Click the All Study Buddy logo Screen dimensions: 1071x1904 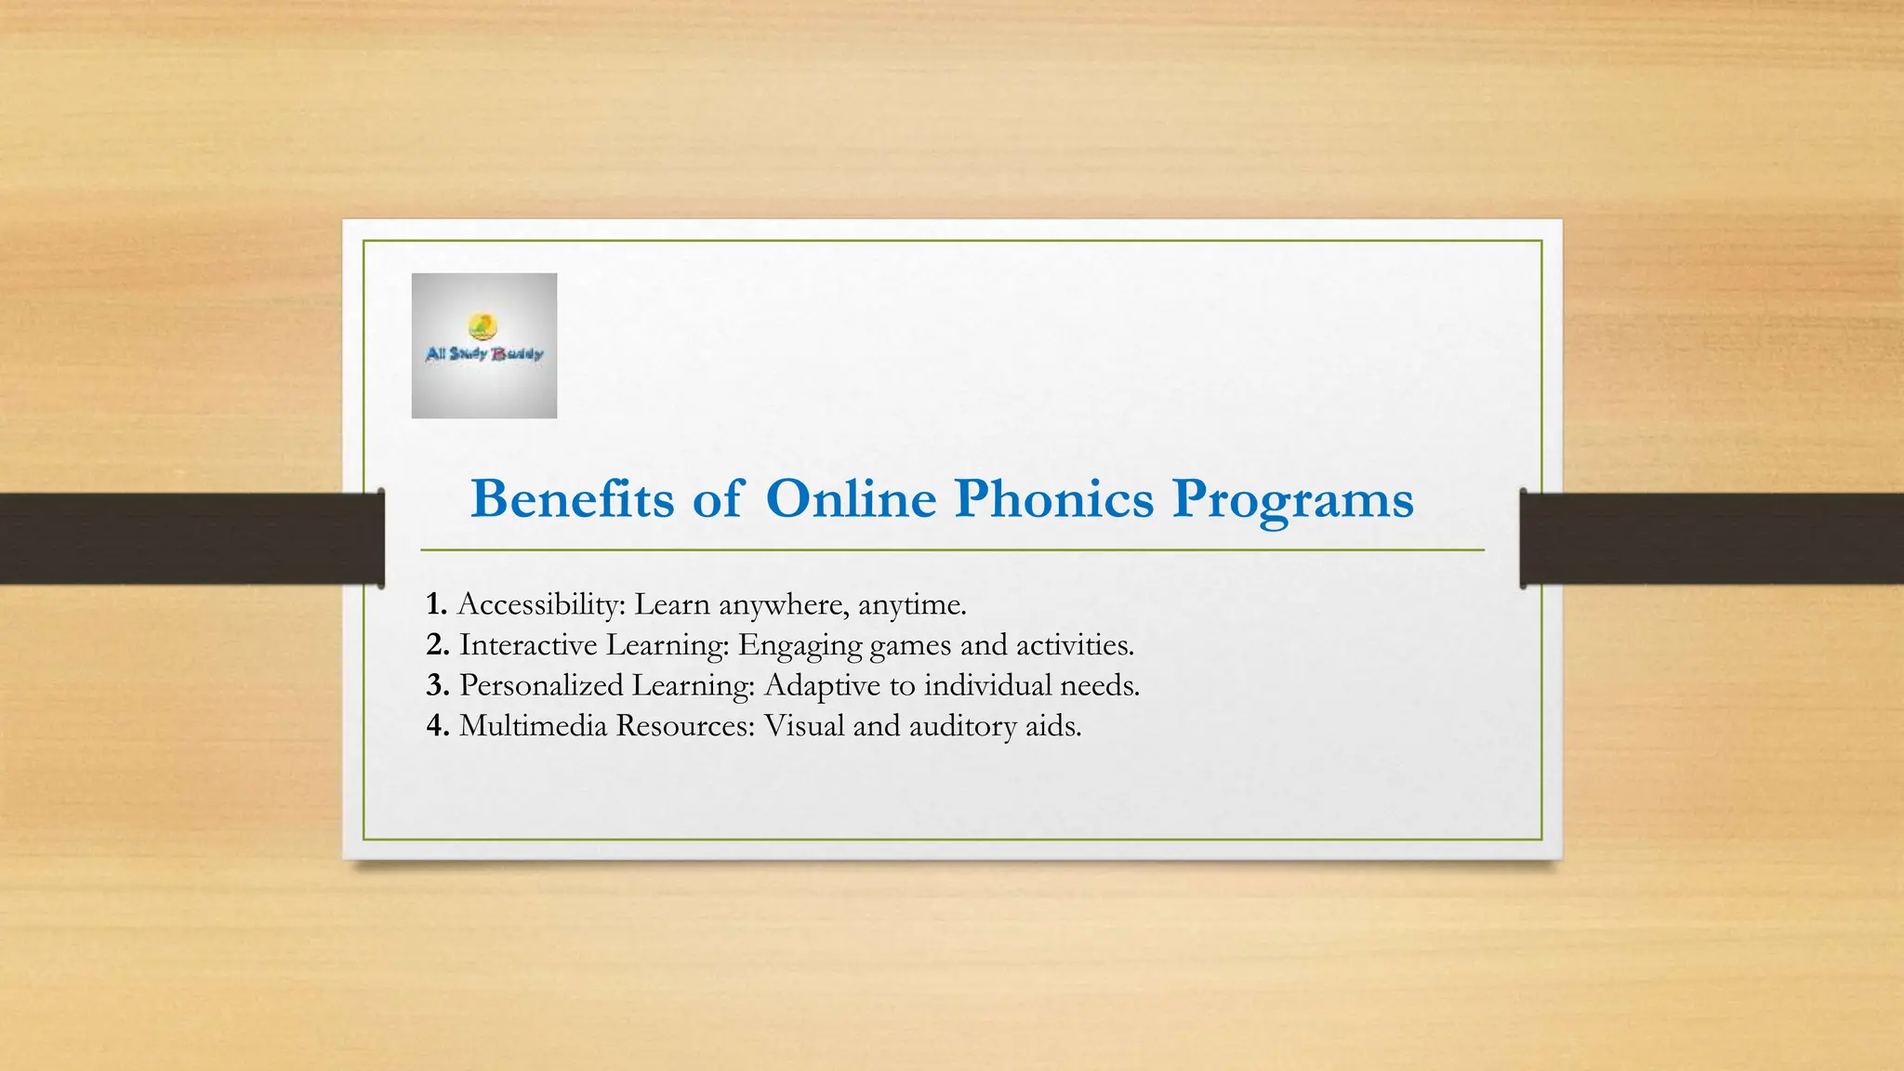[484, 345]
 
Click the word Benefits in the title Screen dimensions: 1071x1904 [573, 499]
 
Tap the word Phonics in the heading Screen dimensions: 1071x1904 [1053, 499]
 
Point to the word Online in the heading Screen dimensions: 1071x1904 [851, 499]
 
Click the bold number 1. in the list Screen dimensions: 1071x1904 [437, 604]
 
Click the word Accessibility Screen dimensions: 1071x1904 [542, 605]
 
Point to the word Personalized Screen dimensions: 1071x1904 [541, 685]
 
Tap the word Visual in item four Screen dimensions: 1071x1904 [803, 725]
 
